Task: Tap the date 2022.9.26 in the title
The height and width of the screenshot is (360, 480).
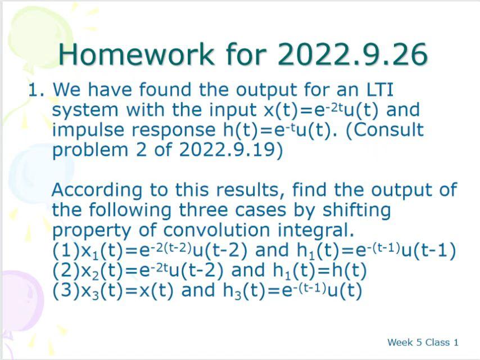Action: pos(352,55)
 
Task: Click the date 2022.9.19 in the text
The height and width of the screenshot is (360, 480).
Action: pos(228,150)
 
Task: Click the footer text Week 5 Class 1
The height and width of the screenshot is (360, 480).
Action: pos(423,342)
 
